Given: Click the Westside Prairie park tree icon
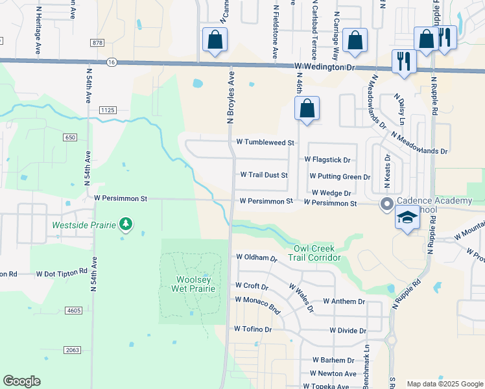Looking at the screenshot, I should [x=126, y=225].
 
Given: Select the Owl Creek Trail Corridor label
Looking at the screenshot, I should [x=317, y=253].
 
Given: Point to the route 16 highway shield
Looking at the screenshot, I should [x=112, y=62].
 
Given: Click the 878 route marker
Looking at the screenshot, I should [x=98, y=43].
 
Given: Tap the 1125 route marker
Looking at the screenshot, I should [x=107, y=111].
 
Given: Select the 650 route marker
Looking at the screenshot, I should [x=71, y=137].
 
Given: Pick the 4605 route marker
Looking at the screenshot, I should [x=73, y=311].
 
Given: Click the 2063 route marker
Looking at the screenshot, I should [x=72, y=350].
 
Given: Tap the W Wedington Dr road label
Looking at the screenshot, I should [x=325, y=67].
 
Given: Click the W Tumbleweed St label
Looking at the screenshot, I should [x=265, y=143].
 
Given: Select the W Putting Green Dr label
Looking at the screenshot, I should [x=340, y=176].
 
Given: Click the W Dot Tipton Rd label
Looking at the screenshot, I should [x=62, y=274].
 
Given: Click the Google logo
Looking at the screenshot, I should [x=21, y=381].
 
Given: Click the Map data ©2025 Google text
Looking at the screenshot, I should [x=444, y=384].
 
